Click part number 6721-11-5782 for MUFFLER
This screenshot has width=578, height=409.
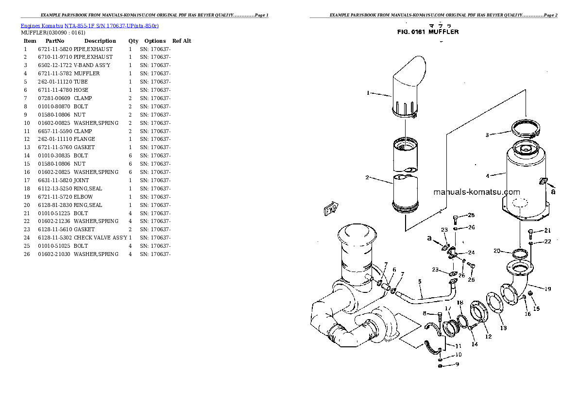(54, 73)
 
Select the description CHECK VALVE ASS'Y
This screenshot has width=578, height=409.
(100, 238)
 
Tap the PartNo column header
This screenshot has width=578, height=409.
(55, 41)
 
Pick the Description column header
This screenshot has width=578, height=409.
(100, 41)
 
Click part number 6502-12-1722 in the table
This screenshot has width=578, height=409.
(54, 65)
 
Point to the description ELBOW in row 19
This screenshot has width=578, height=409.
(83, 197)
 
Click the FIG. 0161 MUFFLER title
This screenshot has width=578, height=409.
(428, 32)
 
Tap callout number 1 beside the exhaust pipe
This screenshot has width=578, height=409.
(368, 92)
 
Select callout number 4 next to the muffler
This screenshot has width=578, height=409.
(487, 175)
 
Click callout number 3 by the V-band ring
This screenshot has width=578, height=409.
(487, 135)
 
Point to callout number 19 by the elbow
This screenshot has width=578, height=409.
(547, 289)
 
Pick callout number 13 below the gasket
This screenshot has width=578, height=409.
(503, 328)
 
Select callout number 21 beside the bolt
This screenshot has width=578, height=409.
(547, 230)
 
